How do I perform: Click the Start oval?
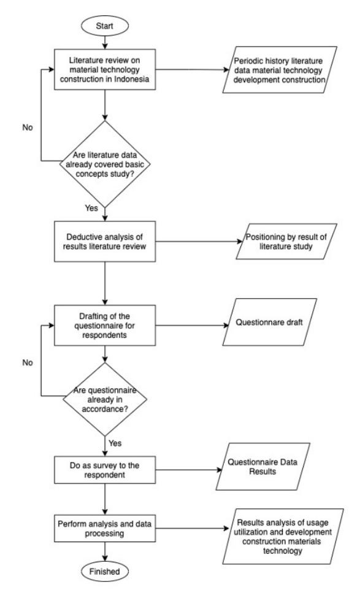[x=105, y=26]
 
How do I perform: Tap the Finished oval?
[x=105, y=572]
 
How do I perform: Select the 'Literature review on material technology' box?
[x=105, y=69]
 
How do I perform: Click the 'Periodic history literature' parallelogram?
[x=280, y=69]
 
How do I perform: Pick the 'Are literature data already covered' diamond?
[x=105, y=164]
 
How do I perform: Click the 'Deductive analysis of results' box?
[x=105, y=241]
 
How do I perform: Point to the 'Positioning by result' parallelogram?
[x=286, y=241]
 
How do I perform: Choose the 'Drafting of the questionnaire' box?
[x=105, y=325]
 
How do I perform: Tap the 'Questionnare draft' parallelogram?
[x=270, y=322]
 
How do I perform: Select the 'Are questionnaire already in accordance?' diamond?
[x=105, y=399]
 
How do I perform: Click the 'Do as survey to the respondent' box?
[x=105, y=470]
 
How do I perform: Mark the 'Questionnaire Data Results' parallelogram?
[x=263, y=467]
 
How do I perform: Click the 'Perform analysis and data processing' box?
[x=105, y=529]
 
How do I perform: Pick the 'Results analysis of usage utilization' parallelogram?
[x=283, y=536]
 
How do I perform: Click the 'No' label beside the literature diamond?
[x=28, y=128]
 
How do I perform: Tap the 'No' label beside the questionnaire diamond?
[x=28, y=362]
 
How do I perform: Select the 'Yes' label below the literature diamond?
[x=91, y=208]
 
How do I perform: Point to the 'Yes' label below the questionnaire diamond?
[x=115, y=443]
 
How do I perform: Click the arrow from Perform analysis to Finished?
[x=105, y=551]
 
